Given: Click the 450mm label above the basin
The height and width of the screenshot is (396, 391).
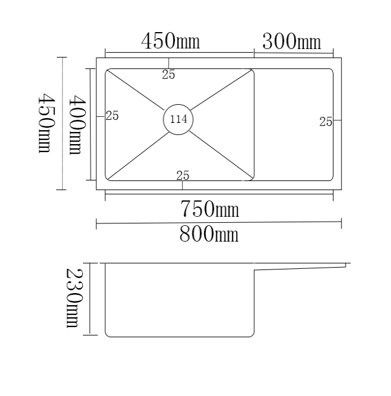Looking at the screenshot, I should click(170, 41).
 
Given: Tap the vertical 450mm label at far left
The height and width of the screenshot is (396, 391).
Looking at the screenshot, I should click(45, 123).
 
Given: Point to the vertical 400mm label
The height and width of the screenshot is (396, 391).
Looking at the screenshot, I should click(76, 124).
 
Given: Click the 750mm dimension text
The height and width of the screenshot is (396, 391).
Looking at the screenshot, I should click(209, 210).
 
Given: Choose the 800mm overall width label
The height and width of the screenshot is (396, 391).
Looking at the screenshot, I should click(209, 234).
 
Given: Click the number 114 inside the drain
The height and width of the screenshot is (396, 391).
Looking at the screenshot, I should click(179, 119).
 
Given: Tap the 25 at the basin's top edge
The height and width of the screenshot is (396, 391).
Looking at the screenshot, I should click(169, 74).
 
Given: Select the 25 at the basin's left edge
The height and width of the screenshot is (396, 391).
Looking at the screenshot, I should click(112, 116).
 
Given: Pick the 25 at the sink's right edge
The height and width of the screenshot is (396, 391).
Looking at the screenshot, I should click(326, 122).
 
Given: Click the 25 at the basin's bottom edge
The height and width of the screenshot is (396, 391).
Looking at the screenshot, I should click(183, 176).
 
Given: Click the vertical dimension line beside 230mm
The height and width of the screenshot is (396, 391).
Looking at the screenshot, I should click(90, 299).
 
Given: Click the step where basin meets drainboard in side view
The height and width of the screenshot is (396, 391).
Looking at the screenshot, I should click(254, 271).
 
